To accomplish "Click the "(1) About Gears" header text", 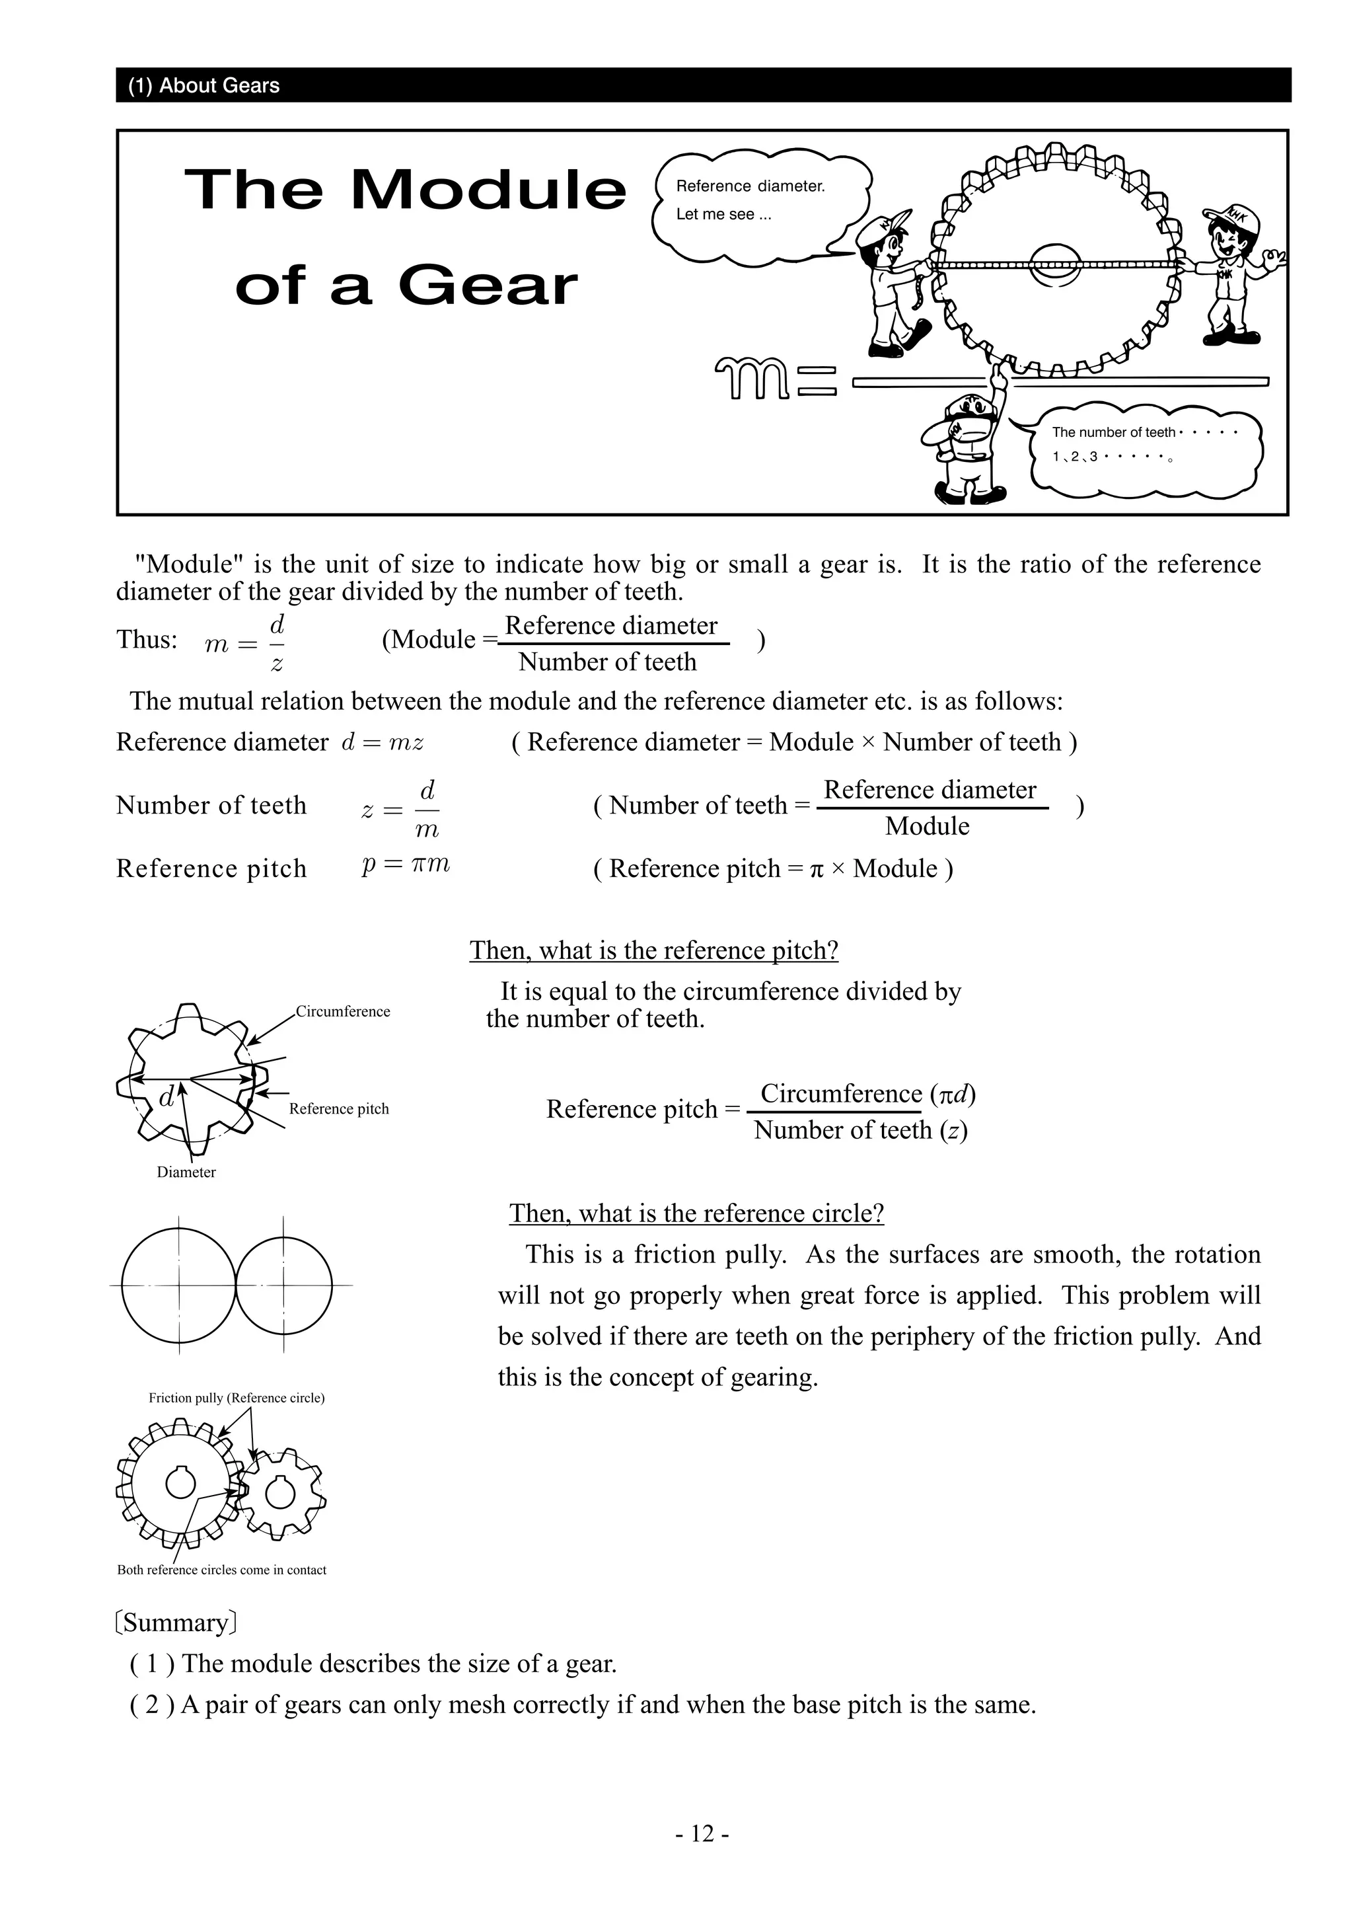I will click(x=204, y=86).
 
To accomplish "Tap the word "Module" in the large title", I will click(x=488, y=190).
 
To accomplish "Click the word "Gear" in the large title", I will click(x=488, y=286).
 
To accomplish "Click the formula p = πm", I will click(x=406, y=864).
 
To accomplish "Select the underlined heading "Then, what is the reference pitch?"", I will click(x=654, y=950).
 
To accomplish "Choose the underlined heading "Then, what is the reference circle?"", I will click(x=696, y=1213).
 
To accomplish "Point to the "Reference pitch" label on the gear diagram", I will click(x=339, y=1109).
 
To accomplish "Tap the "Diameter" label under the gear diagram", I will click(x=186, y=1172).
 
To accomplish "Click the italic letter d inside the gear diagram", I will click(x=166, y=1098).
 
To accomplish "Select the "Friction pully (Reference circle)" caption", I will click(x=237, y=1398).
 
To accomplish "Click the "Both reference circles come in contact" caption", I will click(x=221, y=1570).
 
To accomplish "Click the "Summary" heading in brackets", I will click(x=176, y=1623).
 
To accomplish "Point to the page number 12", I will click(x=702, y=1833).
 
